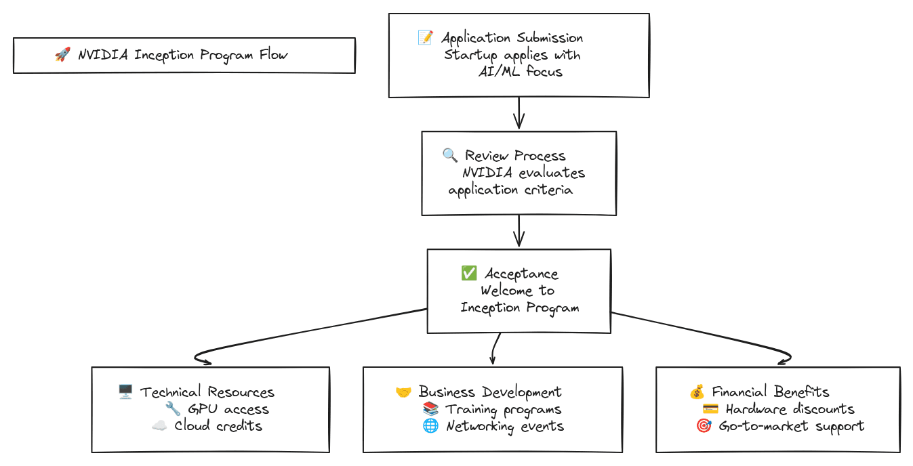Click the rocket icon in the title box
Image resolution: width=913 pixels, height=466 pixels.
[62, 55]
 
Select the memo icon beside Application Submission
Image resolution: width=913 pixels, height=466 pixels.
[426, 38]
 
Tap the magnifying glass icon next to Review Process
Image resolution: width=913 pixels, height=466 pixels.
[450, 155]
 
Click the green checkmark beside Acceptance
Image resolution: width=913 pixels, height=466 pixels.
[468, 273]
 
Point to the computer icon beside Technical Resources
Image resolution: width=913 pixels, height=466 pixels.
[125, 391]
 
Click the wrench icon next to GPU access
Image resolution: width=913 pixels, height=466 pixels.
[173, 408]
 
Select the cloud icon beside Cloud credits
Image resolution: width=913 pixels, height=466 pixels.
[159, 425]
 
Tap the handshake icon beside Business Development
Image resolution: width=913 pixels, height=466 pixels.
[403, 392]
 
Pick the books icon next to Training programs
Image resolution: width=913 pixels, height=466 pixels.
[430, 409]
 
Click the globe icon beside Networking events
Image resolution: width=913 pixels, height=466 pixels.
[430, 426]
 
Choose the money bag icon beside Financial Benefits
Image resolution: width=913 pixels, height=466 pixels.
[697, 391]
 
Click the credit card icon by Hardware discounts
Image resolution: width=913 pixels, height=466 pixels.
[710, 409]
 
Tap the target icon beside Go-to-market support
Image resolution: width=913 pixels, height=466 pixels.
[704, 426]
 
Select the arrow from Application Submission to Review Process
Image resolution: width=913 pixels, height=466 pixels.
[519, 112]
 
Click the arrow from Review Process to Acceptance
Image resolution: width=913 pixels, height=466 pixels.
[519, 231]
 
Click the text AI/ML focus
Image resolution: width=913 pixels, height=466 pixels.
[521, 71]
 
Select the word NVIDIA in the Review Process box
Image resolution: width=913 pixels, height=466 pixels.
[487, 173]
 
